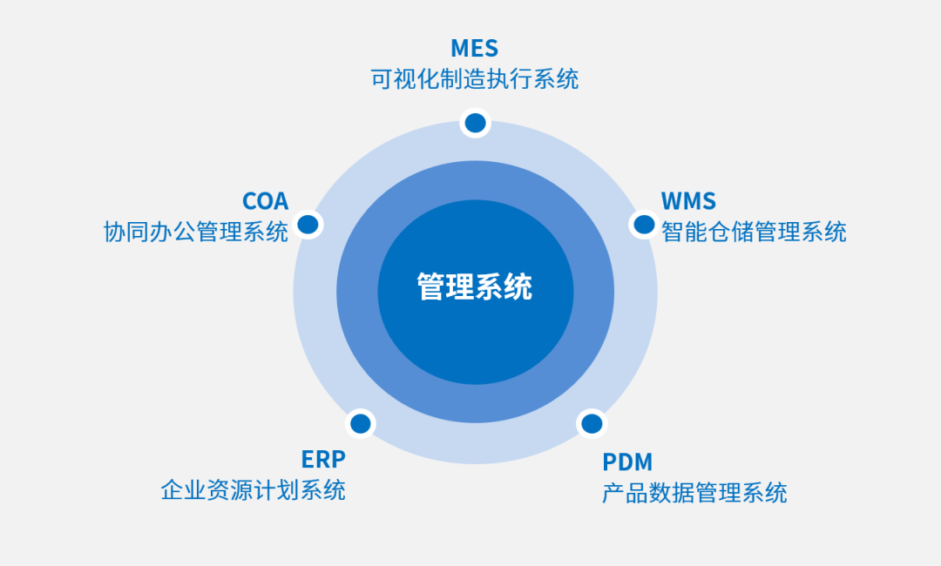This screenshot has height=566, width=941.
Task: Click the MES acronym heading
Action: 474,48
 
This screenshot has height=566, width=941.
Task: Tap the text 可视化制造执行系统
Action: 474,80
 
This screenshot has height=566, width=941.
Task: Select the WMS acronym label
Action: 688,201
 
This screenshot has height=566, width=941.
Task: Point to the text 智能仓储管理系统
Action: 754,232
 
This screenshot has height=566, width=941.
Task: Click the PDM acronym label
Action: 627,462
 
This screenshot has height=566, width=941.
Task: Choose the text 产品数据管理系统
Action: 694,493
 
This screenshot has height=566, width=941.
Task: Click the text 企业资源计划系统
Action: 253,489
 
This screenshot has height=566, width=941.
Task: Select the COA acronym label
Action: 265,201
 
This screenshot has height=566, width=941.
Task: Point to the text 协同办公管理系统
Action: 196,232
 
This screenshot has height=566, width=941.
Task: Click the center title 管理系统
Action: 475,286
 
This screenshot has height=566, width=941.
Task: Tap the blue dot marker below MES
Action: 475,123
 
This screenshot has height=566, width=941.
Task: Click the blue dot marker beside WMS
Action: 644,225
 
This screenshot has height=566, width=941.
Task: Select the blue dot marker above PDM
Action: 592,424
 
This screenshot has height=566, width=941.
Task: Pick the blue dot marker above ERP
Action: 360,424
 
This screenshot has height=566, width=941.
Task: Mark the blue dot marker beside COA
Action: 308,225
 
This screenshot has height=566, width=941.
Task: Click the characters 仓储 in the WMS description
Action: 730,232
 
